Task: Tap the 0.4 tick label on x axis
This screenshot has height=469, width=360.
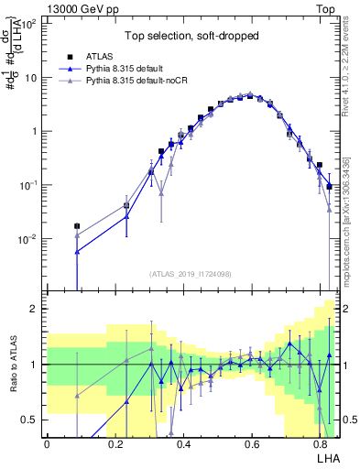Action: pyautogui.click(x=183, y=444)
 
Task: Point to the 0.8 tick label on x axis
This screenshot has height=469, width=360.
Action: pyautogui.click(x=319, y=444)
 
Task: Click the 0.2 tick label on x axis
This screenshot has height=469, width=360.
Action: pyautogui.click(x=115, y=444)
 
